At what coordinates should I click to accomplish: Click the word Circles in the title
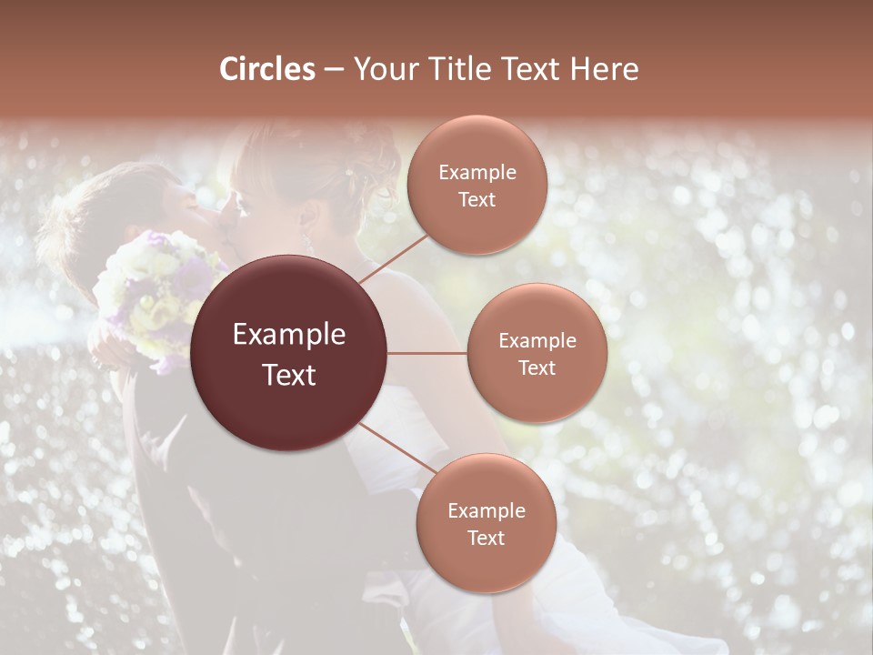(x=267, y=69)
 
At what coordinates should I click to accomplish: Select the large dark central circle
(x=289, y=353)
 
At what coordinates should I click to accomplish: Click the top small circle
(x=477, y=185)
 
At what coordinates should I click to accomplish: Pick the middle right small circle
(x=537, y=353)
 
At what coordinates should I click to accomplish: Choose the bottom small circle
(x=486, y=523)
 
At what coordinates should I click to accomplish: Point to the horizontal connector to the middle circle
(x=427, y=353)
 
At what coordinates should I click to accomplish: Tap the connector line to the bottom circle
(x=398, y=448)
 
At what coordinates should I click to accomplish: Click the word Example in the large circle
(x=289, y=335)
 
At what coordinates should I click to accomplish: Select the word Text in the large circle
(x=289, y=375)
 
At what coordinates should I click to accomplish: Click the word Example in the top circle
(x=477, y=173)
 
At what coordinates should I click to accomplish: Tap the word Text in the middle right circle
(x=537, y=368)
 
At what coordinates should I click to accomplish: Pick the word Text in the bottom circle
(x=486, y=538)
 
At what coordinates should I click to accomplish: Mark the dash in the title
(x=334, y=70)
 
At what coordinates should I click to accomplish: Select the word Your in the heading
(x=383, y=69)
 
